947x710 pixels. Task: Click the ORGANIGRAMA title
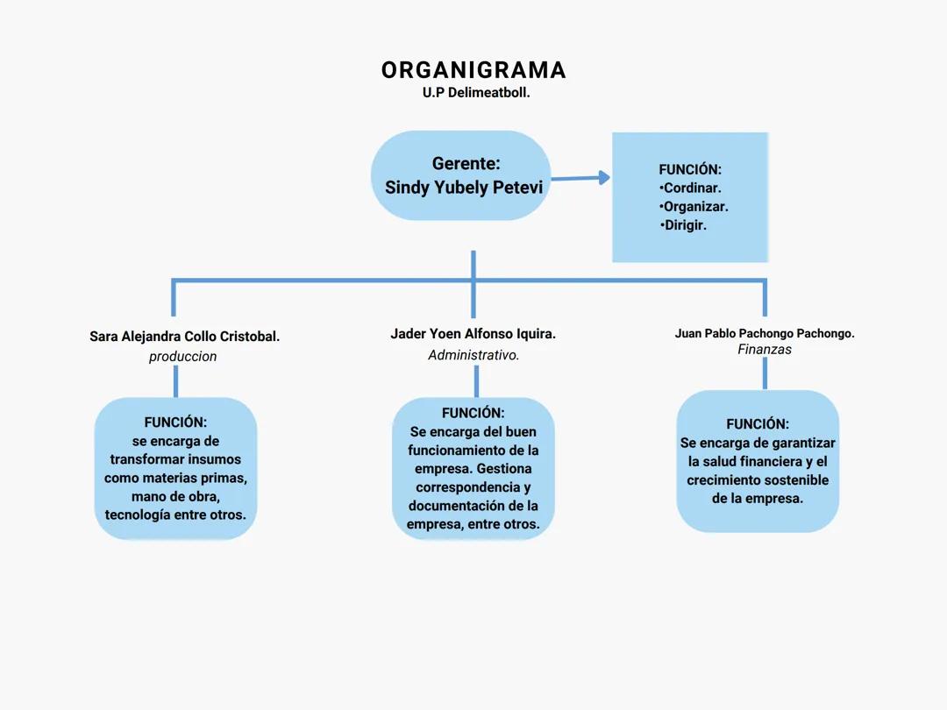click(x=473, y=70)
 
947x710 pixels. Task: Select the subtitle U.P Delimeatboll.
click(x=476, y=92)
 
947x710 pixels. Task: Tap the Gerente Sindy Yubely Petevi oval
click(x=461, y=175)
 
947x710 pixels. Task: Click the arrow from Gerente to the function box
click(x=580, y=178)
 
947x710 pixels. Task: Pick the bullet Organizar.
click(x=694, y=207)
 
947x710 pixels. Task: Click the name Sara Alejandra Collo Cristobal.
click(x=184, y=337)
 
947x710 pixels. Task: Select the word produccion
click(x=182, y=357)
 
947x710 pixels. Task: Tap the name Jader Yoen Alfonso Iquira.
click(x=473, y=334)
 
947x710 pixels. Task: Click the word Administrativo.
click(x=473, y=355)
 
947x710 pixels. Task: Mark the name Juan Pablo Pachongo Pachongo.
click(x=765, y=333)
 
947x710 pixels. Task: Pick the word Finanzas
click(x=765, y=350)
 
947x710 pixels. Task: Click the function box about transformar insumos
click(x=175, y=469)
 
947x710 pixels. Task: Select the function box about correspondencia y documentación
click(x=473, y=469)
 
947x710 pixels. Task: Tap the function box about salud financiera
click(x=758, y=462)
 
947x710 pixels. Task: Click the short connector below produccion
click(x=175, y=381)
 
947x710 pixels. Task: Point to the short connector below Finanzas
click(x=765, y=373)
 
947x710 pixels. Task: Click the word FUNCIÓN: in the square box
click(x=690, y=169)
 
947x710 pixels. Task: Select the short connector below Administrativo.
click(x=476, y=381)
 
